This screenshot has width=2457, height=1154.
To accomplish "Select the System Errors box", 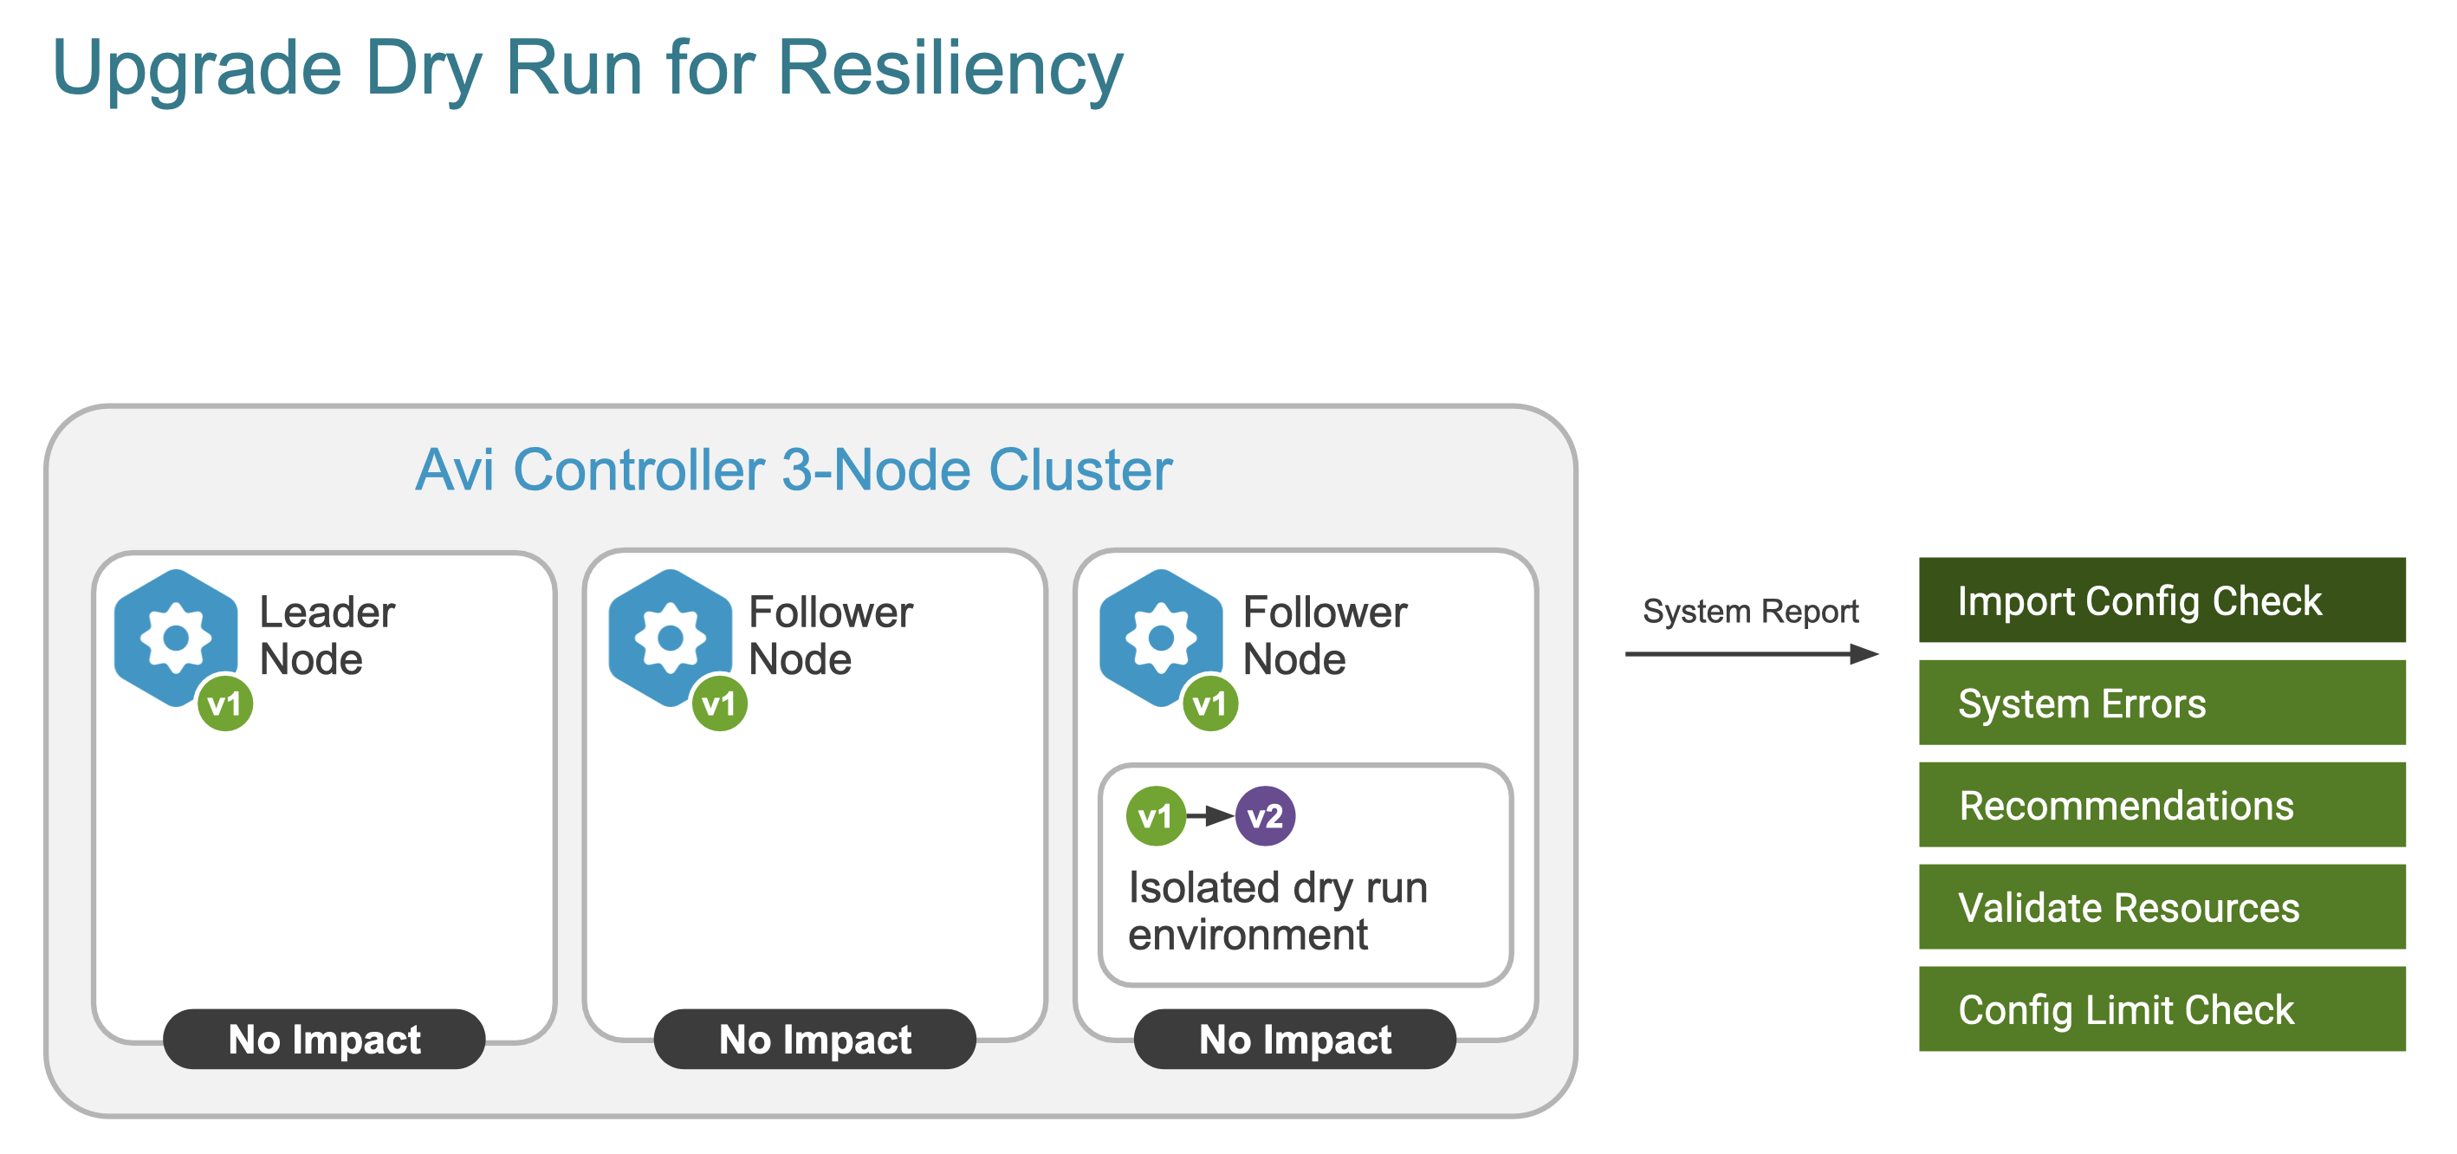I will tap(2162, 703).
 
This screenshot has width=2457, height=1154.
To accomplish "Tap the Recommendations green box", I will tap(2162, 805).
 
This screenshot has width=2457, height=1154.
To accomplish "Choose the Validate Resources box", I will tap(2162, 907).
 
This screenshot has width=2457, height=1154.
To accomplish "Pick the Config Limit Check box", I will tap(2162, 1009).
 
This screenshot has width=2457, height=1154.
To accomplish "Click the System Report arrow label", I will tap(1749, 612).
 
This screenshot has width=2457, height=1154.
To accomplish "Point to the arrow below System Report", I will tap(1750, 654).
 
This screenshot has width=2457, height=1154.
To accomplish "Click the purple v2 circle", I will tap(1265, 816).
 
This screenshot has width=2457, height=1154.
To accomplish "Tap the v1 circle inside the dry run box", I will tap(1155, 816).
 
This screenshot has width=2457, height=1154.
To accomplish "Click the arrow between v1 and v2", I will tap(1209, 816).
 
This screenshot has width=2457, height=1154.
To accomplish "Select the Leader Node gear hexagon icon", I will tap(177, 637).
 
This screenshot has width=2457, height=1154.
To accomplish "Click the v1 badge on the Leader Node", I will tap(225, 703).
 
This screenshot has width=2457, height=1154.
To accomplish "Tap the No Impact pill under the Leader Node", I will tap(324, 1039).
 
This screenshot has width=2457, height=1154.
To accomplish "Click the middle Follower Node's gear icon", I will tap(670, 637).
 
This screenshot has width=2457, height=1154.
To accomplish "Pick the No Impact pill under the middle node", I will tap(814, 1039).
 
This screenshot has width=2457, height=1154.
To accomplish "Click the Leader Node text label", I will tap(327, 635).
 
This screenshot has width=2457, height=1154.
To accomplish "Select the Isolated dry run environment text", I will tap(1276, 911).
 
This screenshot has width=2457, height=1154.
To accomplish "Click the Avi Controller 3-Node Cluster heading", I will tap(794, 470).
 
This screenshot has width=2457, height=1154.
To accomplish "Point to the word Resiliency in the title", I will tap(950, 68).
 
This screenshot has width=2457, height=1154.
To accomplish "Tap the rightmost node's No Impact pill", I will tap(1294, 1039).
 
